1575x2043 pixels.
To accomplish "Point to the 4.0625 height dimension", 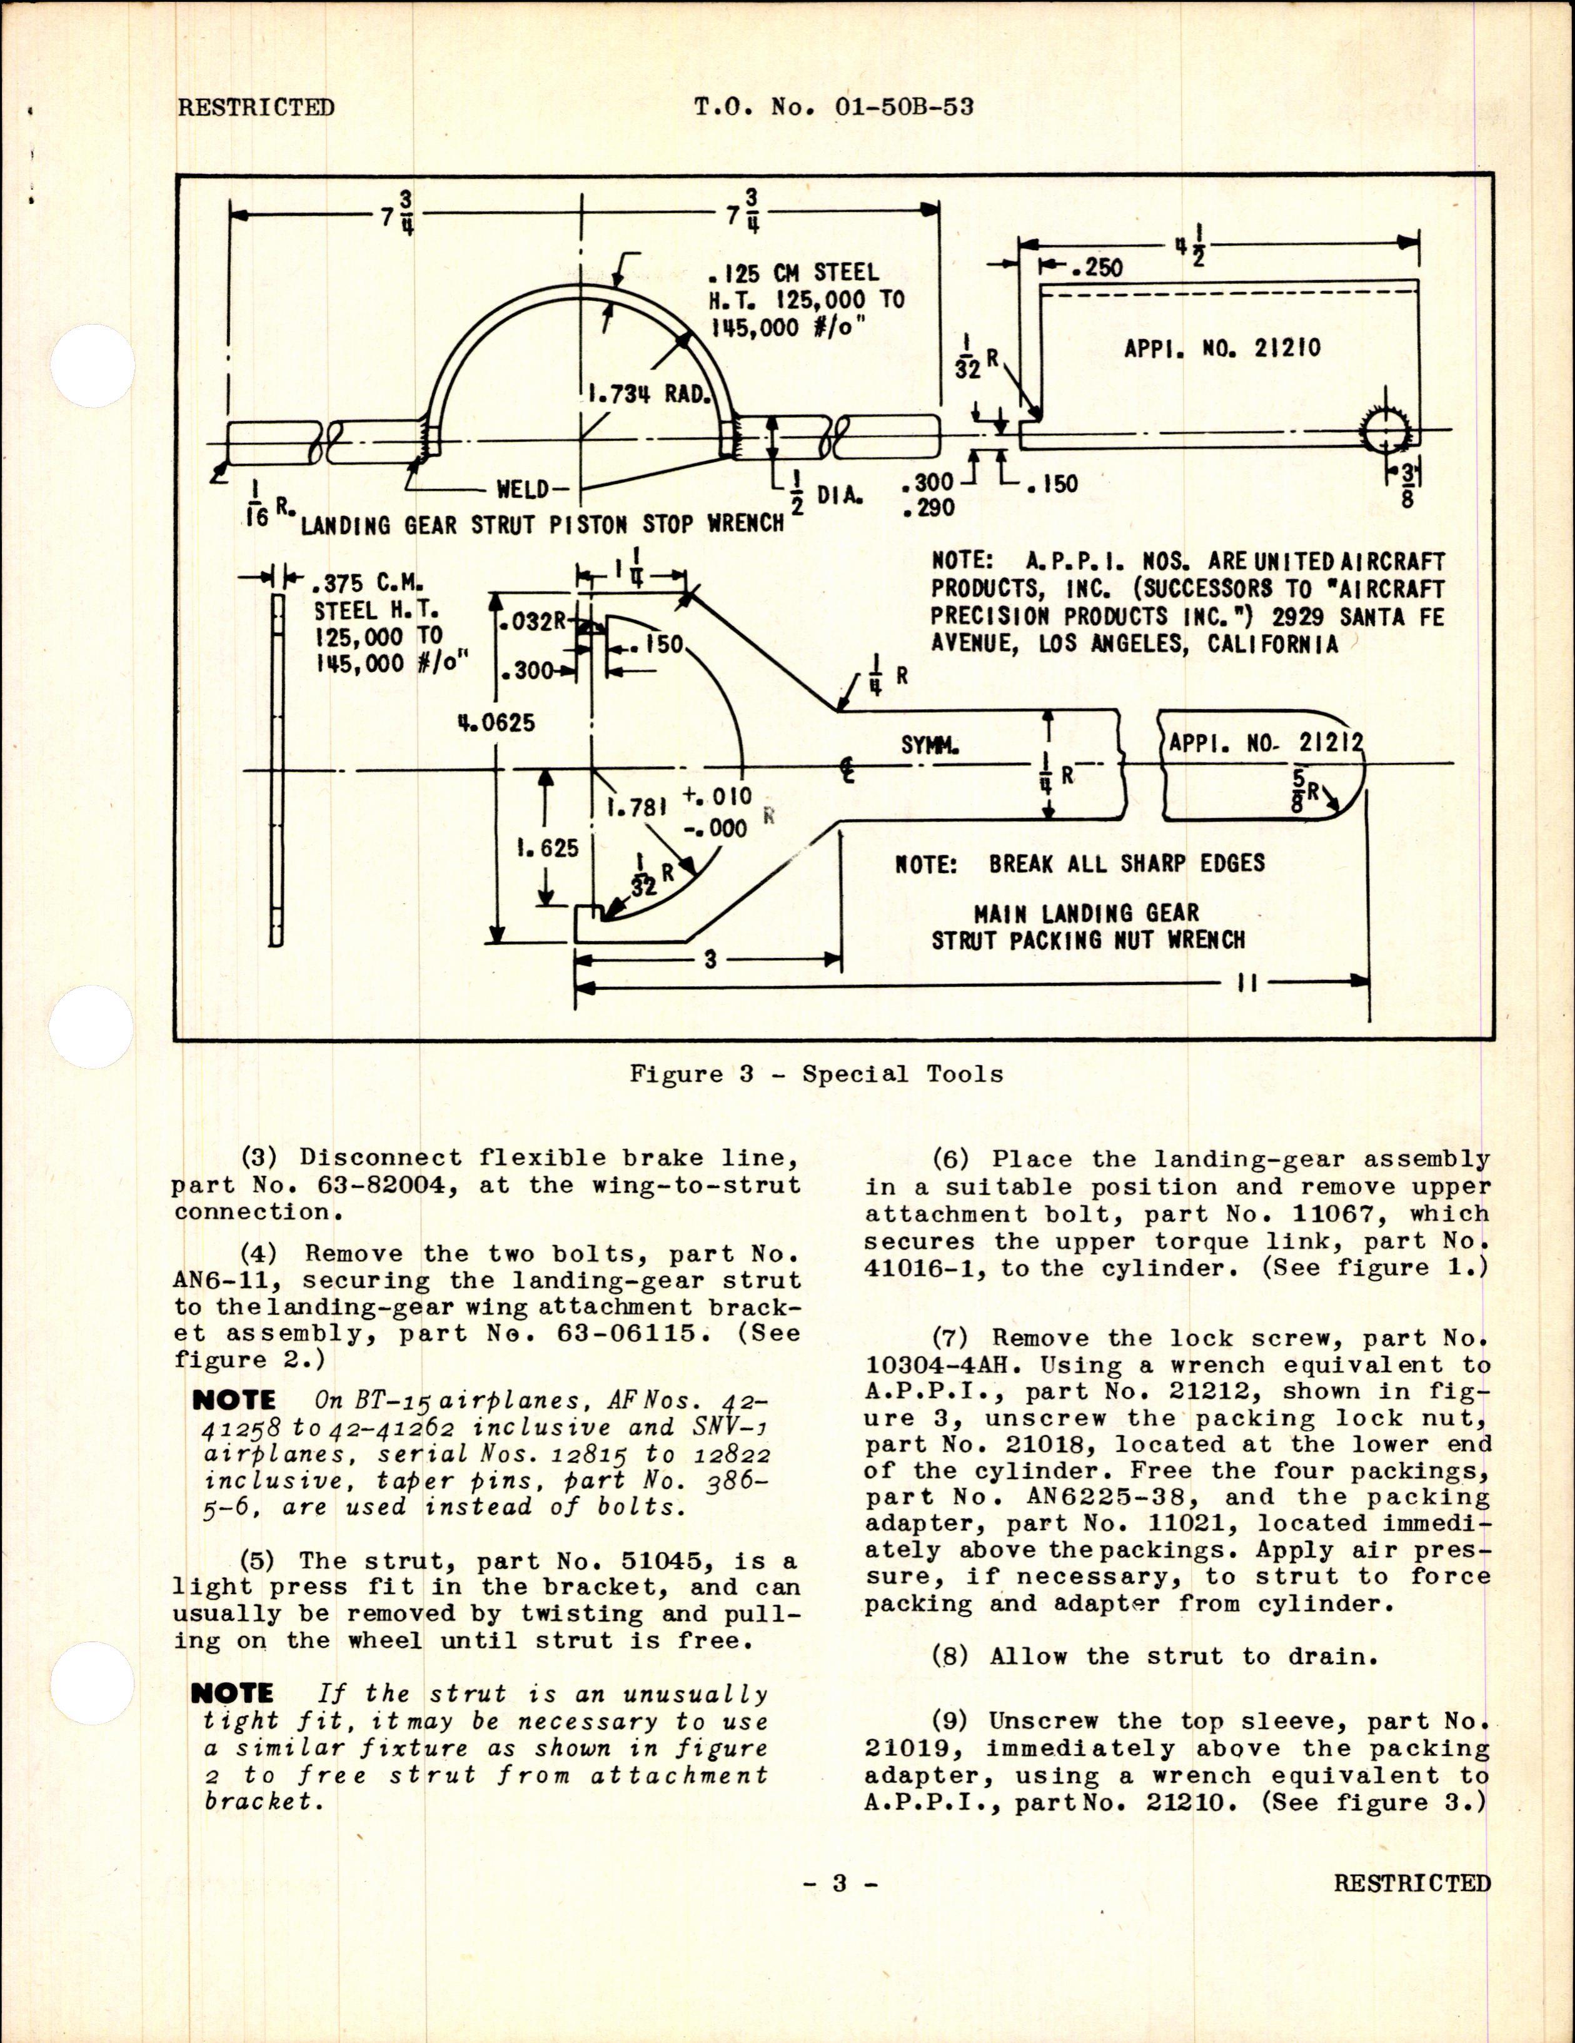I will pos(496,723).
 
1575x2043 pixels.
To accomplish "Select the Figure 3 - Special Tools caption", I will pos(815,1074).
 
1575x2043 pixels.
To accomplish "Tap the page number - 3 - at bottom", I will pos(839,1979).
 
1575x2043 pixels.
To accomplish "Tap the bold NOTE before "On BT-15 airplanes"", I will pos(234,1400).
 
